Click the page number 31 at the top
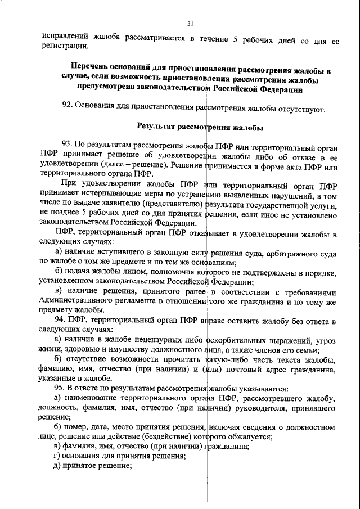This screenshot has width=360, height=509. click(x=190, y=22)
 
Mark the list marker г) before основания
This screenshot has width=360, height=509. click(x=56, y=455)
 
